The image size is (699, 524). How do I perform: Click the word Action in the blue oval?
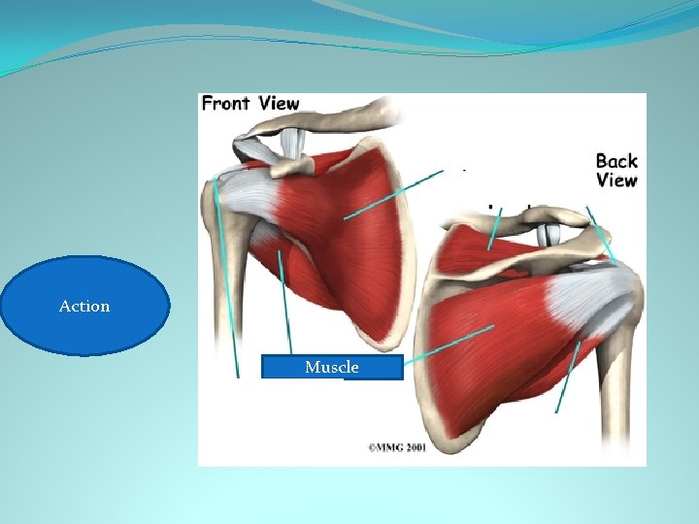point(84,306)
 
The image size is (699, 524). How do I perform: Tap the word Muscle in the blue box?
point(331,367)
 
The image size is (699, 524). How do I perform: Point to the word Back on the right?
point(616,161)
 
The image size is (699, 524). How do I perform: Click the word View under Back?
point(616,180)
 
